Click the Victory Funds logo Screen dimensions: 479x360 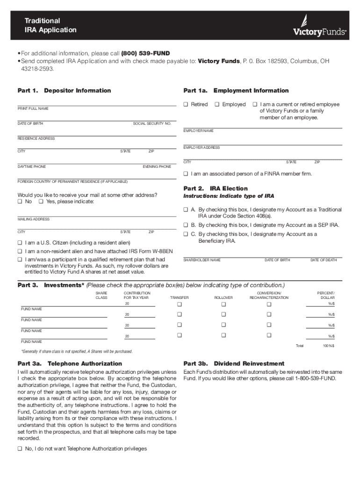pyautogui.click(x=319, y=27)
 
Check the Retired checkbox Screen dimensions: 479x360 pyautogui.click(x=186, y=104)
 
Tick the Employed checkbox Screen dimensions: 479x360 pyautogui.click(x=217, y=104)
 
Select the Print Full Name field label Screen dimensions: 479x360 pyautogui.click(x=33, y=109)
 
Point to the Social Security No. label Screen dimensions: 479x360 pyautogui.click(x=152, y=123)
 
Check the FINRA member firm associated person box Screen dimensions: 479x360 pyautogui.click(x=186, y=174)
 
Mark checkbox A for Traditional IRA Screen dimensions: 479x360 pyautogui.click(x=186, y=210)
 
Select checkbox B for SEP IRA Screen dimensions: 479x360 pyautogui.click(x=186, y=225)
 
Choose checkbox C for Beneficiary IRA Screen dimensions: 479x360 pyautogui.click(x=186, y=234)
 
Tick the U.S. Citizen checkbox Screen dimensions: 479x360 pyautogui.click(x=20, y=243)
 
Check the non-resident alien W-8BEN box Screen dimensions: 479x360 pyautogui.click(x=20, y=251)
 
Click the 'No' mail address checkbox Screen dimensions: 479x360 pyautogui.click(x=20, y=202)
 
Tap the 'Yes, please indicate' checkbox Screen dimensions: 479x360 pyautogui.click(x=41, y=202)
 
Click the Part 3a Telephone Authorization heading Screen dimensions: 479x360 pyautogui.click(x=70, y=363)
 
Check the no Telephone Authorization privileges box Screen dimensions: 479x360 pyautogui.click(x=20, y=449)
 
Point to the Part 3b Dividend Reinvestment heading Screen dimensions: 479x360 pyautogui.click(x=234, y=363)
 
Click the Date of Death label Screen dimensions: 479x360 pyautogui.click(x=324, y=260)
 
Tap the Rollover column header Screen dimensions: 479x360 pyautogui.click(x=223, y=298)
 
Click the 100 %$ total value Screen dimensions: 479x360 pyautogui.click(x=328, y=346)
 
